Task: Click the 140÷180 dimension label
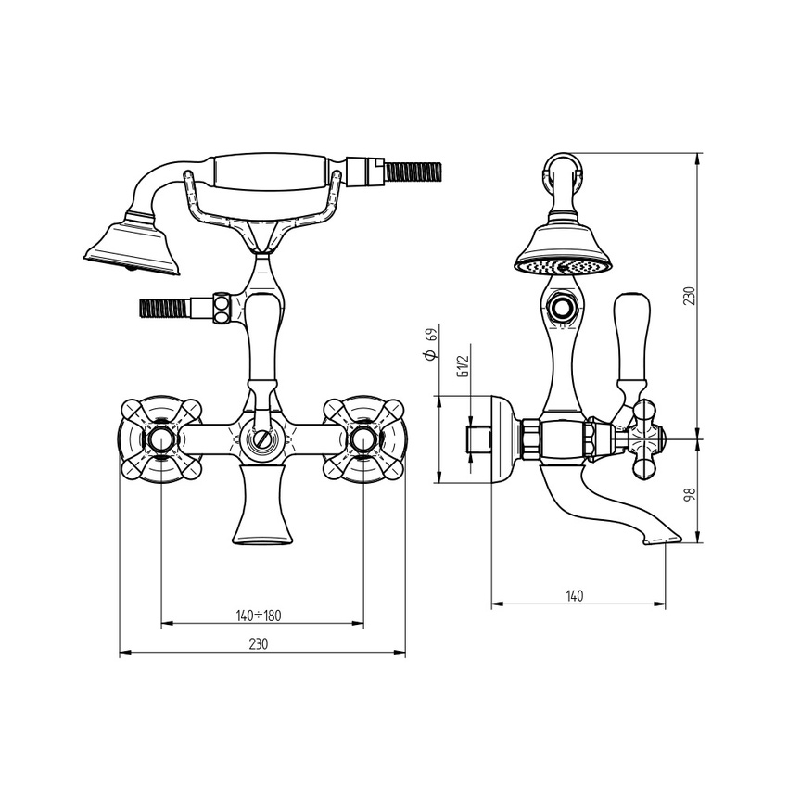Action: click(x=259, y=616)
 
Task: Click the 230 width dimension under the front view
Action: click(x=259, y=643)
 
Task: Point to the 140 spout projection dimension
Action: click(x=575, y=596)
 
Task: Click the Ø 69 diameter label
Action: click(x=430, y=344)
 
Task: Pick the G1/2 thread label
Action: click(x=463, y=366)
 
